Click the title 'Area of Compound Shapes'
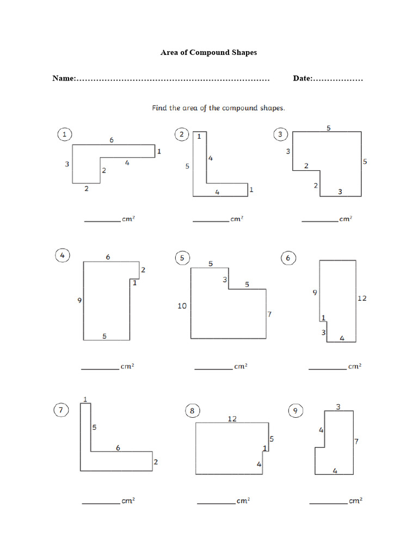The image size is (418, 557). click(208, 53)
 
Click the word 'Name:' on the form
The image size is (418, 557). click(64, 78)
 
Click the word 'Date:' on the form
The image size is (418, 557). click(303, 78)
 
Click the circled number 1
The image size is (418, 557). click(65, 134)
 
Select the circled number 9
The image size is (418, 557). click(296, 411)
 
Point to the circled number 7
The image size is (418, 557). click(62, 411)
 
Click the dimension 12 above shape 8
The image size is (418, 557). click(232, 418)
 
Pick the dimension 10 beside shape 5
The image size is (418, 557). click(182, 306)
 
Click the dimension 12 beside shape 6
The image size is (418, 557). click(362, 298)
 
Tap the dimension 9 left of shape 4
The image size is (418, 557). click(79, 300)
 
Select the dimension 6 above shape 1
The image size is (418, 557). click(112, 140)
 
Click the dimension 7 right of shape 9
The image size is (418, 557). click(356, 442)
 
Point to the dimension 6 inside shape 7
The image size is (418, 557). click(118, 447)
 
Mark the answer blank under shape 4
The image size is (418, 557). click(100, 369)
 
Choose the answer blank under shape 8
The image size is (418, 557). click(216, 503)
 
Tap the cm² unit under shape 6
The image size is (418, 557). click(354, 367)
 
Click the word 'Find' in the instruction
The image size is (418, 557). click(159, 108)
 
